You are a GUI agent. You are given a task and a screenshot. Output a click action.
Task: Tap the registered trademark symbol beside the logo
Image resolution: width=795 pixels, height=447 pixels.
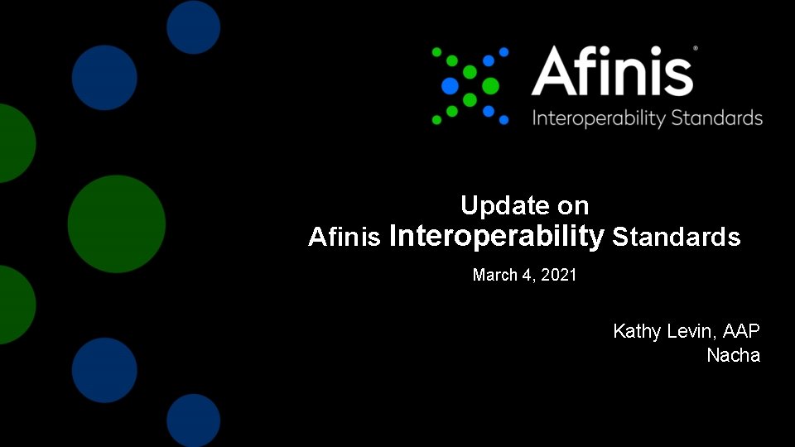(695, 49)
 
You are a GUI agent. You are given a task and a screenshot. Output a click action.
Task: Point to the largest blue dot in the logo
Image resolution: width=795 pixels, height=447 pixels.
(450, 85)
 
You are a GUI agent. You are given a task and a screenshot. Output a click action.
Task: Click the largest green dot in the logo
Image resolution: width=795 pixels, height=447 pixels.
(490, 84)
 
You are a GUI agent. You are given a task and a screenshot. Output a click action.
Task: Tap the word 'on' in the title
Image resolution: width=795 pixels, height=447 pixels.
(572, 205)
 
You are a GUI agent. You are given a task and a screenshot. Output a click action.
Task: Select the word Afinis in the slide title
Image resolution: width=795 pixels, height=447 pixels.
(344, 238)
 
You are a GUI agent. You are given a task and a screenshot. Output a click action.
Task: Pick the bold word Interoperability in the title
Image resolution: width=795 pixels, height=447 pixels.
(497, 237)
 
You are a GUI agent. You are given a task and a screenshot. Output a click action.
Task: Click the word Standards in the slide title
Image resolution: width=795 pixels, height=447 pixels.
(677, 238)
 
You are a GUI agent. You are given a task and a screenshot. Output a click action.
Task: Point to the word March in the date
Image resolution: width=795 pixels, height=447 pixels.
(495, 275)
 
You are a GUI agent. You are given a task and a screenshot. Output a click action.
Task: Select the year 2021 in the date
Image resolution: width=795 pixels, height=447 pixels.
(559, 275)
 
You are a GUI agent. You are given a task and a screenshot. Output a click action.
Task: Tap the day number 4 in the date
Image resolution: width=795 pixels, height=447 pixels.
(527, 275)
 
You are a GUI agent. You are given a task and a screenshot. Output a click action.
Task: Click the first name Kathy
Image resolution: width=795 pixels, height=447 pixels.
(637, 332)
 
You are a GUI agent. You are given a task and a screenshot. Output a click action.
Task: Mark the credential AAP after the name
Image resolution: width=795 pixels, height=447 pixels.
(741, 331)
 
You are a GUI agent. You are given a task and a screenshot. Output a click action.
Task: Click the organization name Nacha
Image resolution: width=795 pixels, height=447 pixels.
(733, 356)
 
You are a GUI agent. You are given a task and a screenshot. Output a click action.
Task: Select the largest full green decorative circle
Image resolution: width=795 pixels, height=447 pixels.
(117, 224)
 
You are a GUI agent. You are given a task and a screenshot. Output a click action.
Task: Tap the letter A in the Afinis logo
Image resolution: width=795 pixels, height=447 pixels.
(552, 71)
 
